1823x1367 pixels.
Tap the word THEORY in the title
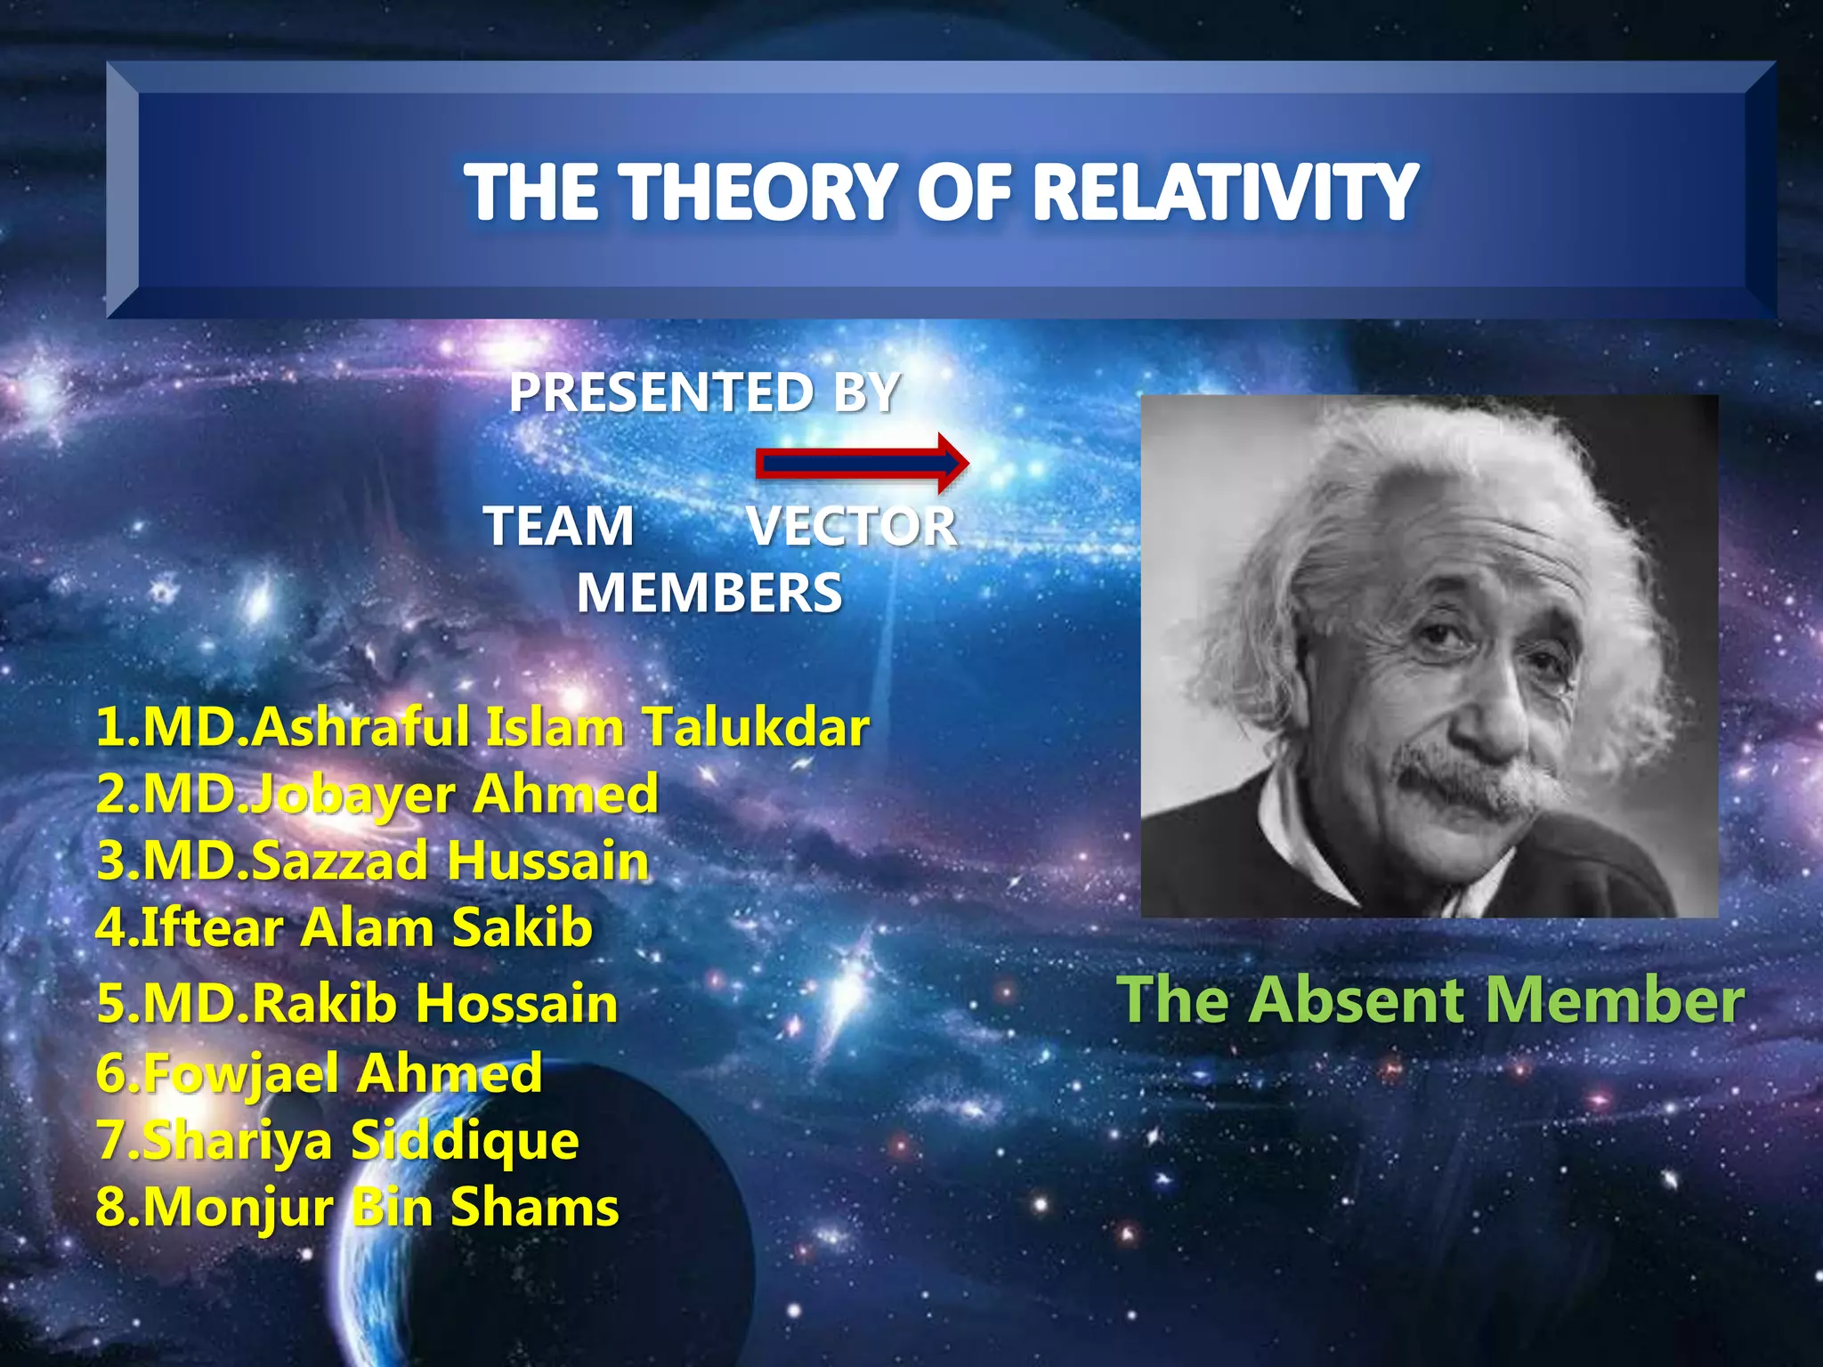[757, 191]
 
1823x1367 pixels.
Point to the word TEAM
[559, 526]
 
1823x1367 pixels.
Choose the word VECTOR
[852, 526]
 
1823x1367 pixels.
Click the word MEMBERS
[709, 593]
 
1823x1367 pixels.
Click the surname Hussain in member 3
[547, 861]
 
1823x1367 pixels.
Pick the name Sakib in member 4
[522, 927]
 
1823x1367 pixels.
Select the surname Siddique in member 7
[464, 1140]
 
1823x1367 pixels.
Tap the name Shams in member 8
[534, 1208]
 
